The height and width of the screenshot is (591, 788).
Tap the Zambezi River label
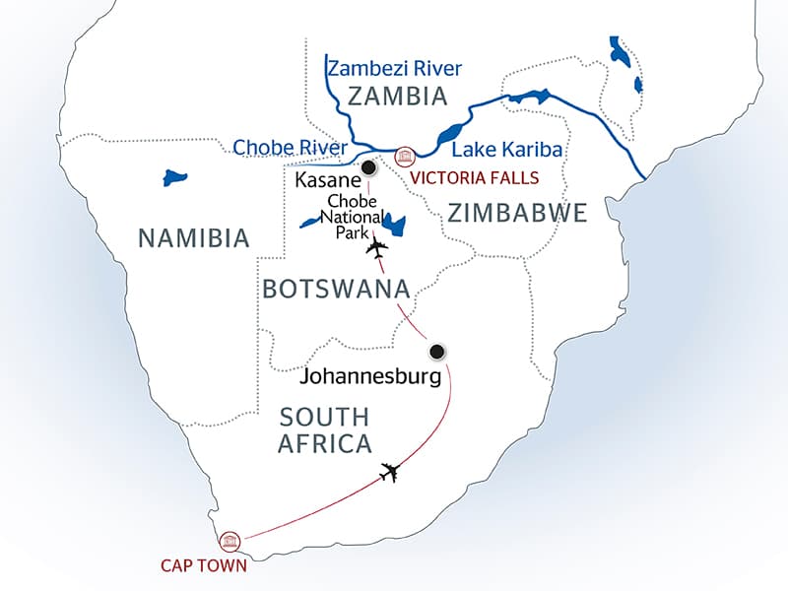click(394, 68)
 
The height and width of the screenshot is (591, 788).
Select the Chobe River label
click(290, 149)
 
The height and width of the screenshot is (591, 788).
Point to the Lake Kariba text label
click(506, 151)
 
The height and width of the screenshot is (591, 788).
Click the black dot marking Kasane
click(368, 166)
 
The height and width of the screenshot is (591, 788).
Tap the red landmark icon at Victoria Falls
click(404, 157)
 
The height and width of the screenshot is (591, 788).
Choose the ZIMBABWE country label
click(517, 212)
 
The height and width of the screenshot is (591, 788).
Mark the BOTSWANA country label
click(336, 289)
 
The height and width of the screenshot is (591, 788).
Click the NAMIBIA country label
click(193, 237)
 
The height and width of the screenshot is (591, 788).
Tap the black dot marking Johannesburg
click(436, 351)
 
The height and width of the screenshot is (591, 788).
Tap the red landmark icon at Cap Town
click(230, 540)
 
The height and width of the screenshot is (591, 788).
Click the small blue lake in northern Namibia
click(175, 179)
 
